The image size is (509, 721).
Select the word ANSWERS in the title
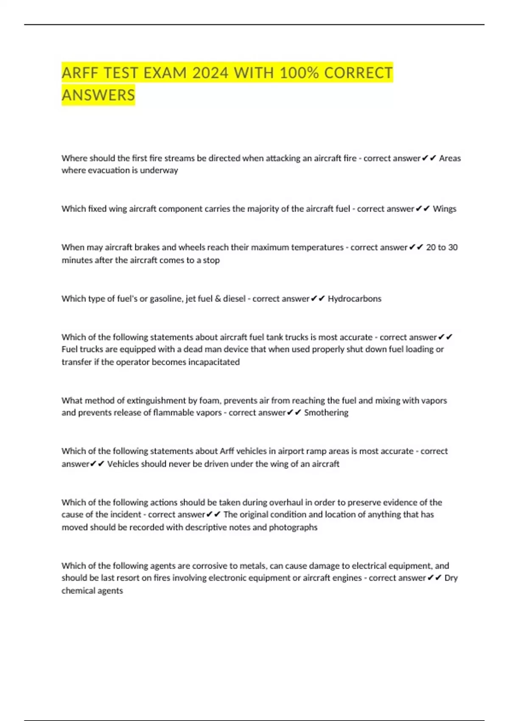(98, 95)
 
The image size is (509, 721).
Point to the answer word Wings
(445, 209)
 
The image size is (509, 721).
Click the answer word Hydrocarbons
(355, 299)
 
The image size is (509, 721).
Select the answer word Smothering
(326, 413)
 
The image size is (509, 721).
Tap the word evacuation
(107, 170)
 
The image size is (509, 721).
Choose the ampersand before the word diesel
(218, 299)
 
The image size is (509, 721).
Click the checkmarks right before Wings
(423, 209)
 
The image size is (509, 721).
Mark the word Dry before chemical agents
(451, 578)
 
